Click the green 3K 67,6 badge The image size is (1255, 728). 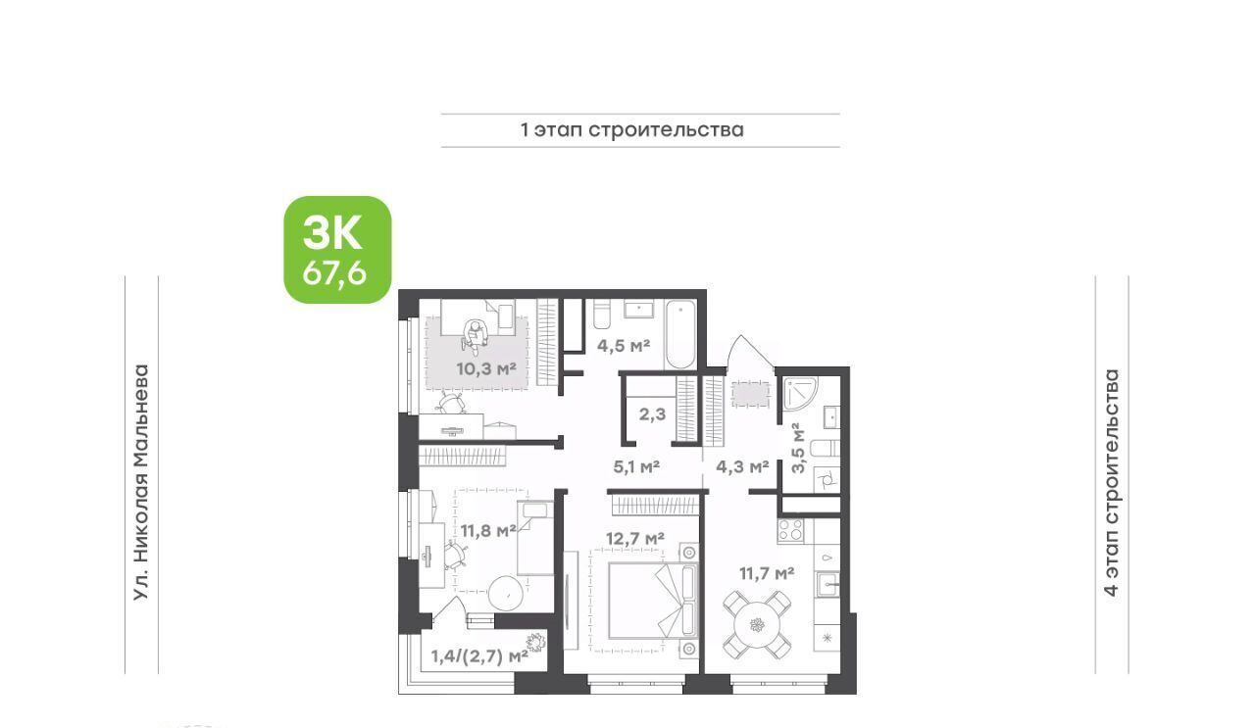pyautogui.click(x=337, y=250)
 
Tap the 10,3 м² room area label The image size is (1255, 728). pyautogui.click(x=485, y=368)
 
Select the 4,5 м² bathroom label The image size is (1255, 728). pyautogui.click(x=623, y=345)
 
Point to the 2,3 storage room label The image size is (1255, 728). pyautogui.click(x=652, y=414)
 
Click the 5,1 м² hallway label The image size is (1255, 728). pyautogui.click(x=636, y=466)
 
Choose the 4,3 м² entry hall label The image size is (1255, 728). pyautogui.click(x=742, y=466)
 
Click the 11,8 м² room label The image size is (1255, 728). pyautogui.click(x=488, y=530)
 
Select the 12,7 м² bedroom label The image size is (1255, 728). pyautogui.click(x=635, y=539)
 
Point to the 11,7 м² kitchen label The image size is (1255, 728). pyautogui.click(x=767, y=573)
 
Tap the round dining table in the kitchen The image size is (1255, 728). pyautogui.click(x=757, y=624)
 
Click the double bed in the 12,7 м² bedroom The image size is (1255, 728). pyautogui.click(x=653, y=601)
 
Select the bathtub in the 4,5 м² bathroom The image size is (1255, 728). pyautogui.click(x=680, y=334)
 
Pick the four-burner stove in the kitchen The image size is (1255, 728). pyautogui.click(x=790, y=530)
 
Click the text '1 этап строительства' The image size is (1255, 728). pyautogui.click(x=632, y=130)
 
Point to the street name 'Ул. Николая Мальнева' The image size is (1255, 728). pyautogui.click(x=142, y=483)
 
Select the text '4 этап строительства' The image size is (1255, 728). pyautogui.click(x=1111, y=483)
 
